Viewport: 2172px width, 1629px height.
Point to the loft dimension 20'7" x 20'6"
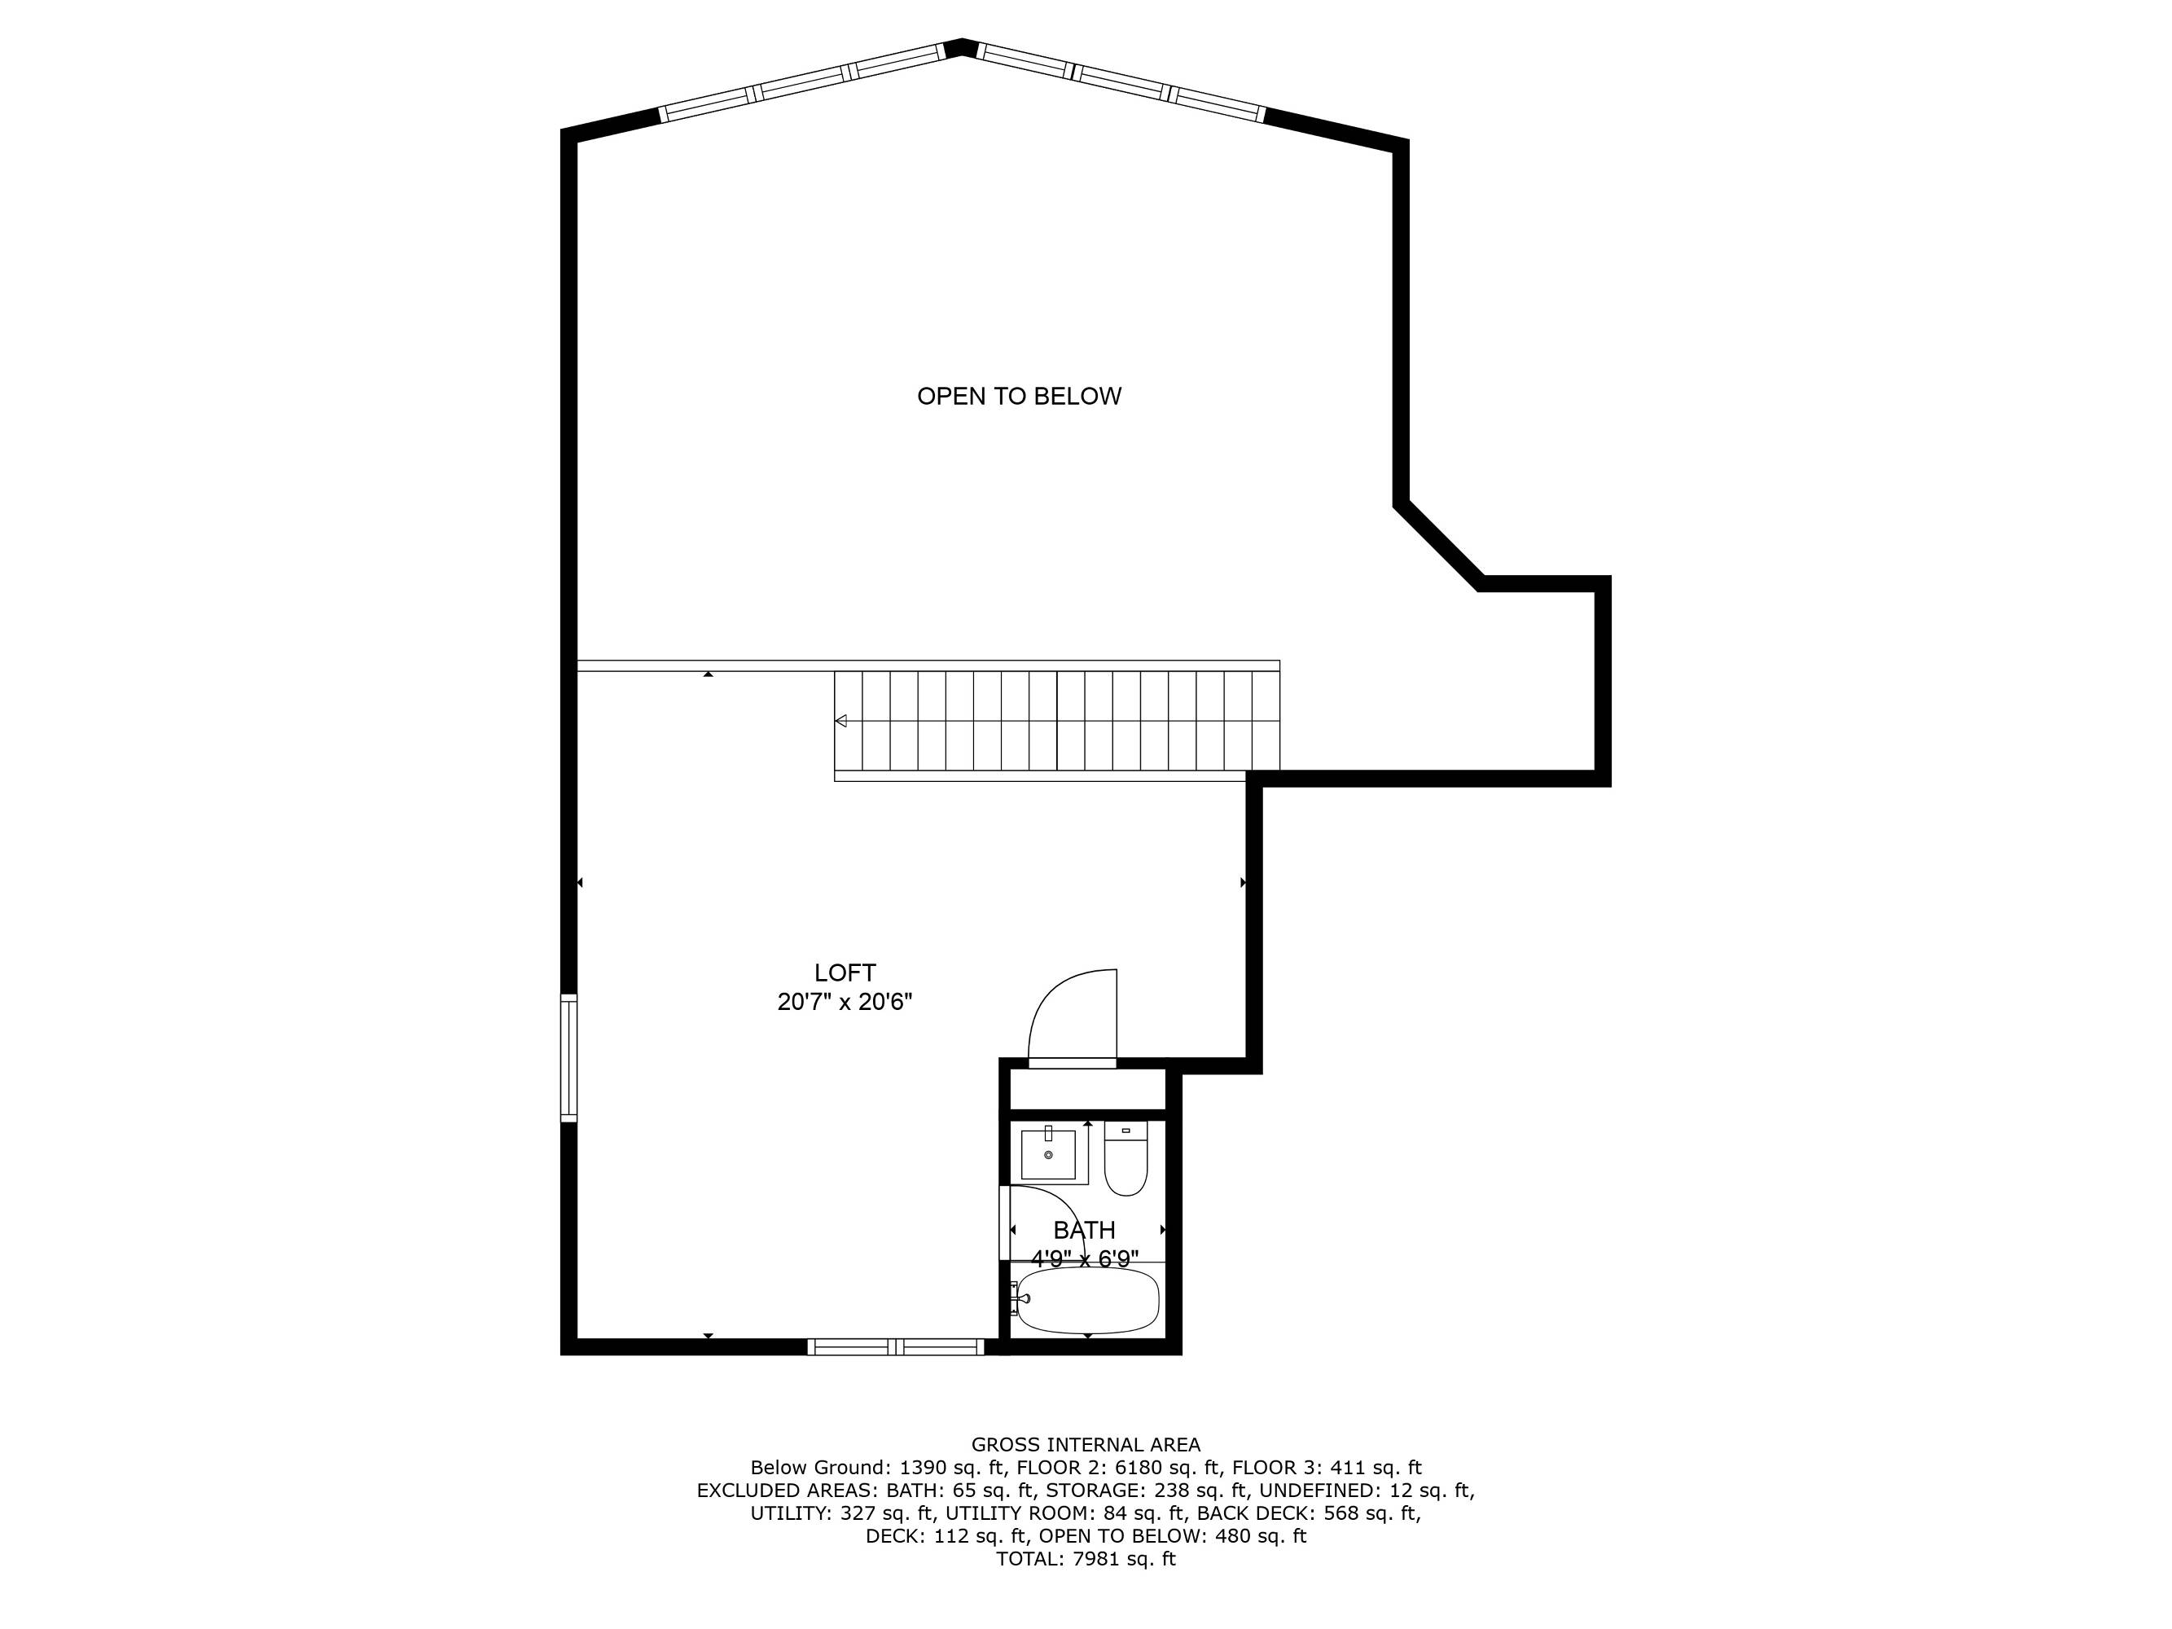(x=845, y=1003)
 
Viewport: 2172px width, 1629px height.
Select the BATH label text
(x=1084, y=1231)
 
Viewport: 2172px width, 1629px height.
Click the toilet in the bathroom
(x=1125, y=1159)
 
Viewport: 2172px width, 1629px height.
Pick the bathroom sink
(x=1049, y=1154)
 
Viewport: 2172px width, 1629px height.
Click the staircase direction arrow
(x=840, y=721)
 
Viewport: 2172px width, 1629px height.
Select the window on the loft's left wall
(x=568, y=1057)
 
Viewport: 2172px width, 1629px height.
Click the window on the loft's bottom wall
(x=896, y=1347)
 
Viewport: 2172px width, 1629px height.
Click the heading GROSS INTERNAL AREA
(x=1085, y=1444)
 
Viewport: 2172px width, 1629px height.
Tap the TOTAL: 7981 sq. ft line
(x=1085, y=1558)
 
